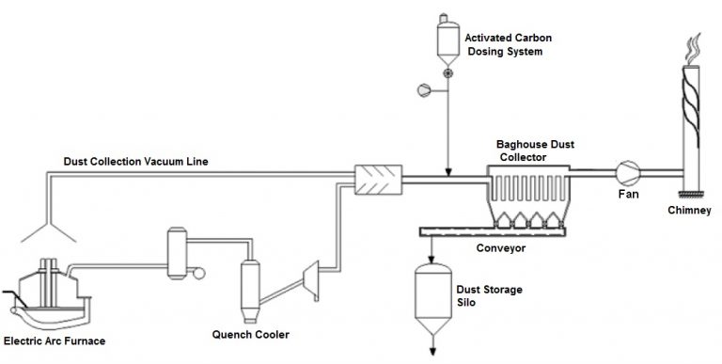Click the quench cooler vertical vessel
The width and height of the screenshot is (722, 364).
tap(249, 282)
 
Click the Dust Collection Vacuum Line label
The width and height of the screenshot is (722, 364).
tap(135, 162)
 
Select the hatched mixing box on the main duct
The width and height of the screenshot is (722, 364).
tap(377, 179)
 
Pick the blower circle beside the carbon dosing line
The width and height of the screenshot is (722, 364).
tap(422, 90)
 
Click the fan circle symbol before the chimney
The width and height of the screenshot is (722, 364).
tap(624, 172)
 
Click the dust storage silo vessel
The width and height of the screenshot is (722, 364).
tap(432, 296)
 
